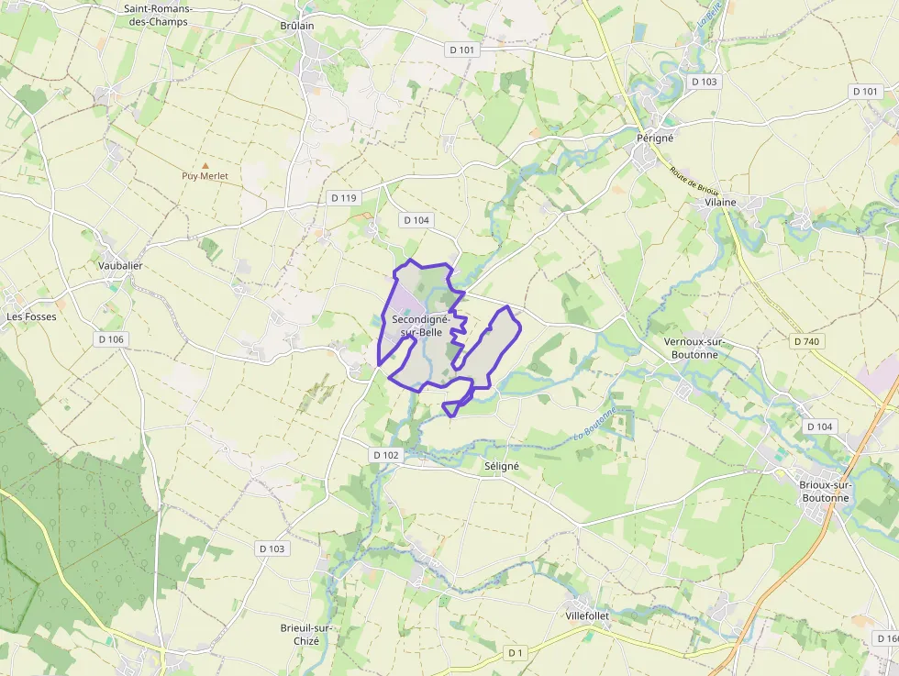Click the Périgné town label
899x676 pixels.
click(655, 138)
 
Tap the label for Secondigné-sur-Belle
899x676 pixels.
click(419, 325)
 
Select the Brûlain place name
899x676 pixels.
click(297, 26)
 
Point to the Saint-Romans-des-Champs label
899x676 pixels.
click(156, 15)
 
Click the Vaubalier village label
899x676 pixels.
click(120, 265)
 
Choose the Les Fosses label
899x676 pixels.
click(31, 316)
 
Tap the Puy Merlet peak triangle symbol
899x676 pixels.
click(205, 165)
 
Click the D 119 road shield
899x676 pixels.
click(343, 198)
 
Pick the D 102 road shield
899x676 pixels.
click(387, 455)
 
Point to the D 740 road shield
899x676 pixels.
click(805, 341)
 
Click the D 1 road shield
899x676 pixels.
click(516, 652)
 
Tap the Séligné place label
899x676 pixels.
click(502, 466)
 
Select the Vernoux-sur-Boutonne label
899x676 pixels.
click(694, 348)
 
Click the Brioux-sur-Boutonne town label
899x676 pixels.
click(826, 491)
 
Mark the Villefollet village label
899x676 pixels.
click(587, 615)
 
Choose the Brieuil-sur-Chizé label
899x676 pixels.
click(306, 634)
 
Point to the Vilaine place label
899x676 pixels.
click(720, 202)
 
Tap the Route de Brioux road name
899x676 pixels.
click(694, 181)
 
